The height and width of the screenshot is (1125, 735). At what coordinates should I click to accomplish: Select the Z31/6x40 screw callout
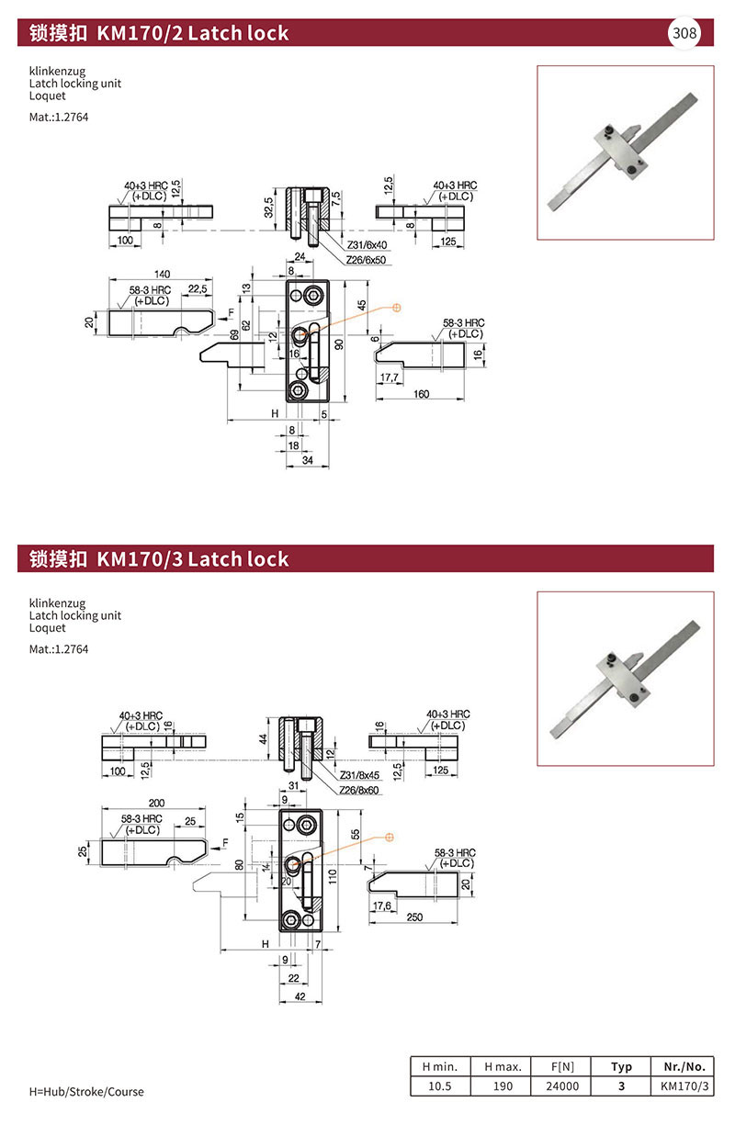pos(367,245)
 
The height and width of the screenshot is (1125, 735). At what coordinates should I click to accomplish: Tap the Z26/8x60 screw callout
pos(360,790)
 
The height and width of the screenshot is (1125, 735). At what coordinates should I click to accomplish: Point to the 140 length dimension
pos(163,274)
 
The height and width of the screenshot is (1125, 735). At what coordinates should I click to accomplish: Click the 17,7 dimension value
pos(389,377)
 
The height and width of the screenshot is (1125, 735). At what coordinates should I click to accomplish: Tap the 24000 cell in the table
pos(562,1086)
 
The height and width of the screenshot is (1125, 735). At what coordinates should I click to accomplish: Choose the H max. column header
pos(503,1066)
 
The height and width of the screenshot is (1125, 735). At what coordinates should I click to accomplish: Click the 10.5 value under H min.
pos(440,1086)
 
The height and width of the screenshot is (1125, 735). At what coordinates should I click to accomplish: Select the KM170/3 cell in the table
pos(684,1086)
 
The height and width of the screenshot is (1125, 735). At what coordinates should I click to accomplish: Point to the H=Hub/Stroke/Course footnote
pos(87,1092)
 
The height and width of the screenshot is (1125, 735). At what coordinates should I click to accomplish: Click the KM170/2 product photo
pos(625,152)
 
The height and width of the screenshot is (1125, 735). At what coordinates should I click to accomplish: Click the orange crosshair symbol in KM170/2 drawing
pos(397,308)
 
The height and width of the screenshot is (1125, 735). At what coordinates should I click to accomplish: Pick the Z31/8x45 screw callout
pos(360,774)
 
